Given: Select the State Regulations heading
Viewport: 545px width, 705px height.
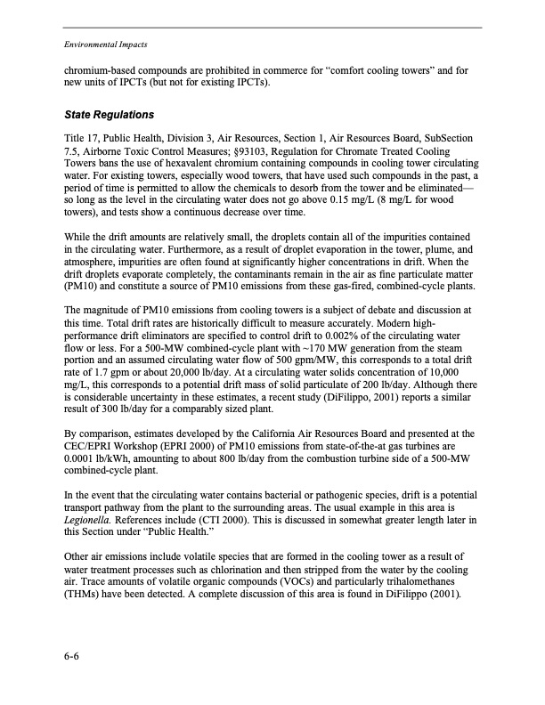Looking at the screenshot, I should tap(110, 116).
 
